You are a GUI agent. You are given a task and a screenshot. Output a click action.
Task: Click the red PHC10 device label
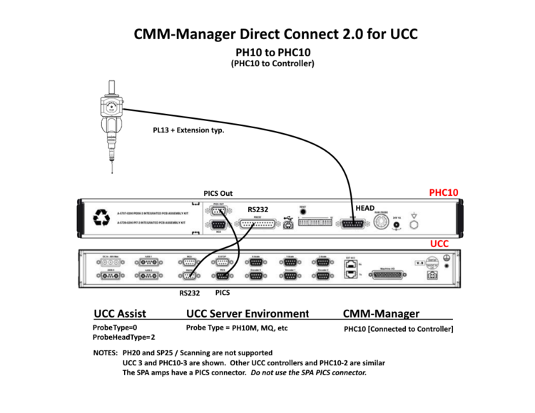point(443,192)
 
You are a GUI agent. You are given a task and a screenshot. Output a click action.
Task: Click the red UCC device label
point(439,243)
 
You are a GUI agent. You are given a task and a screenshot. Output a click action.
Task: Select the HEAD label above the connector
point(365,208)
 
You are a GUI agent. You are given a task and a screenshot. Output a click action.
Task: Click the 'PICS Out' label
point(218,194)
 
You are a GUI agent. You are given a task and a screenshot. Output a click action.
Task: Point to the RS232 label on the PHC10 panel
point(258,209)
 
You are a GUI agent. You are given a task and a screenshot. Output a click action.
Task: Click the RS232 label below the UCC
point(189,293)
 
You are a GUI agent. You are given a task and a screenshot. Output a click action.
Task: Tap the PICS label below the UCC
point(222,292)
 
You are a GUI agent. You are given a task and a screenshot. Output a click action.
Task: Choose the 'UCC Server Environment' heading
point(248,313)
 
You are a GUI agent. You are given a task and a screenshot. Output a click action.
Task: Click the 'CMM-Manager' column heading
point(381,313)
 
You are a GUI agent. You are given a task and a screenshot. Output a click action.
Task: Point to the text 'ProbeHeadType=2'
point(124,337)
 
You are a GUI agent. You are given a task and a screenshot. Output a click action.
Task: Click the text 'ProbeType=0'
point(116,328)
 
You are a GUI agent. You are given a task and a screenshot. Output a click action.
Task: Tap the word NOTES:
point(106,353)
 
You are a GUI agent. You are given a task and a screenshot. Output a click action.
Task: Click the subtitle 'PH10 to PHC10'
point(272,53)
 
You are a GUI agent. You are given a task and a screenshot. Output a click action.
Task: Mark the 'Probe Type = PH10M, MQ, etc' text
point(237,328)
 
